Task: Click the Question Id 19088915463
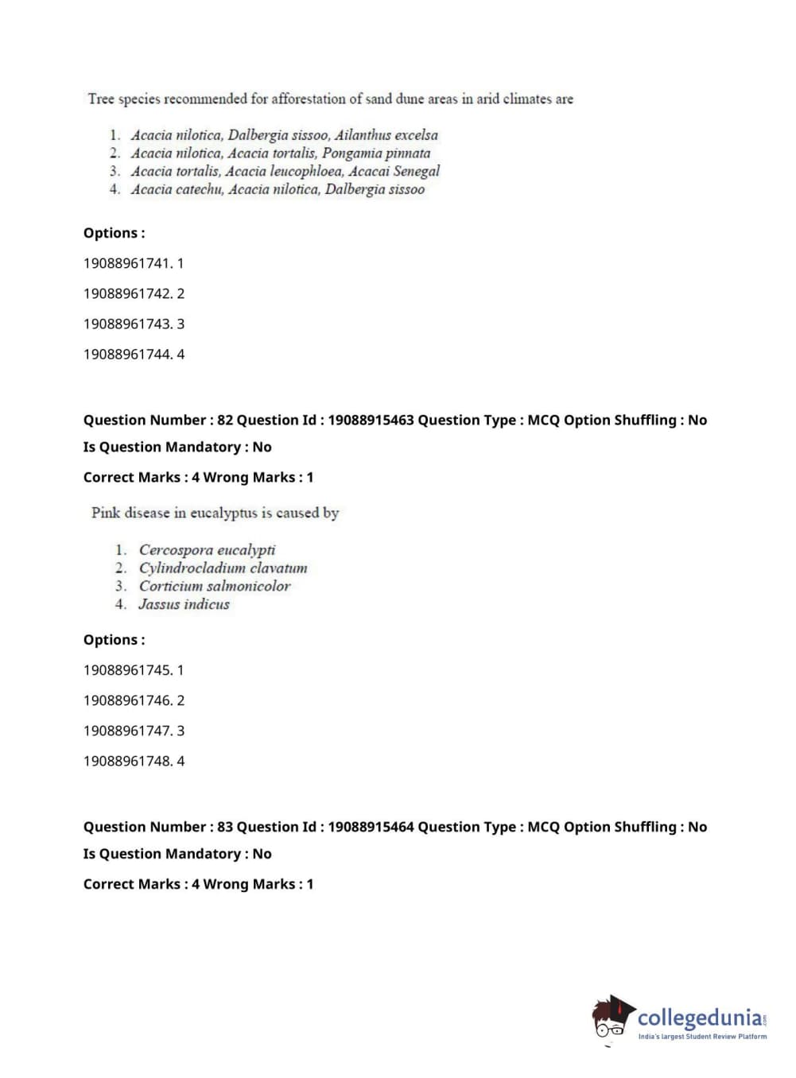click(x=371, y=420)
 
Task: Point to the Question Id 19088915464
click(x=371, y=827)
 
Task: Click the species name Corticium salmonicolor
click(x=215, y=586)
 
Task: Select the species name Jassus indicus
click(x=184, y=604)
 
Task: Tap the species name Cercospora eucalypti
click(x=207, y=549)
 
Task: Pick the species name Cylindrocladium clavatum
click(x=223, y=568)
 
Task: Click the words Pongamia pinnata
click(x=376, y=153)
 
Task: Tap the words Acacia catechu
click(x=177, y=189)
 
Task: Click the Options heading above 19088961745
click(x=114, y=640)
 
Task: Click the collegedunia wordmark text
click(x=699, y=1018)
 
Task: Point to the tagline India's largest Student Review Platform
click(x=702, y=1037)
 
